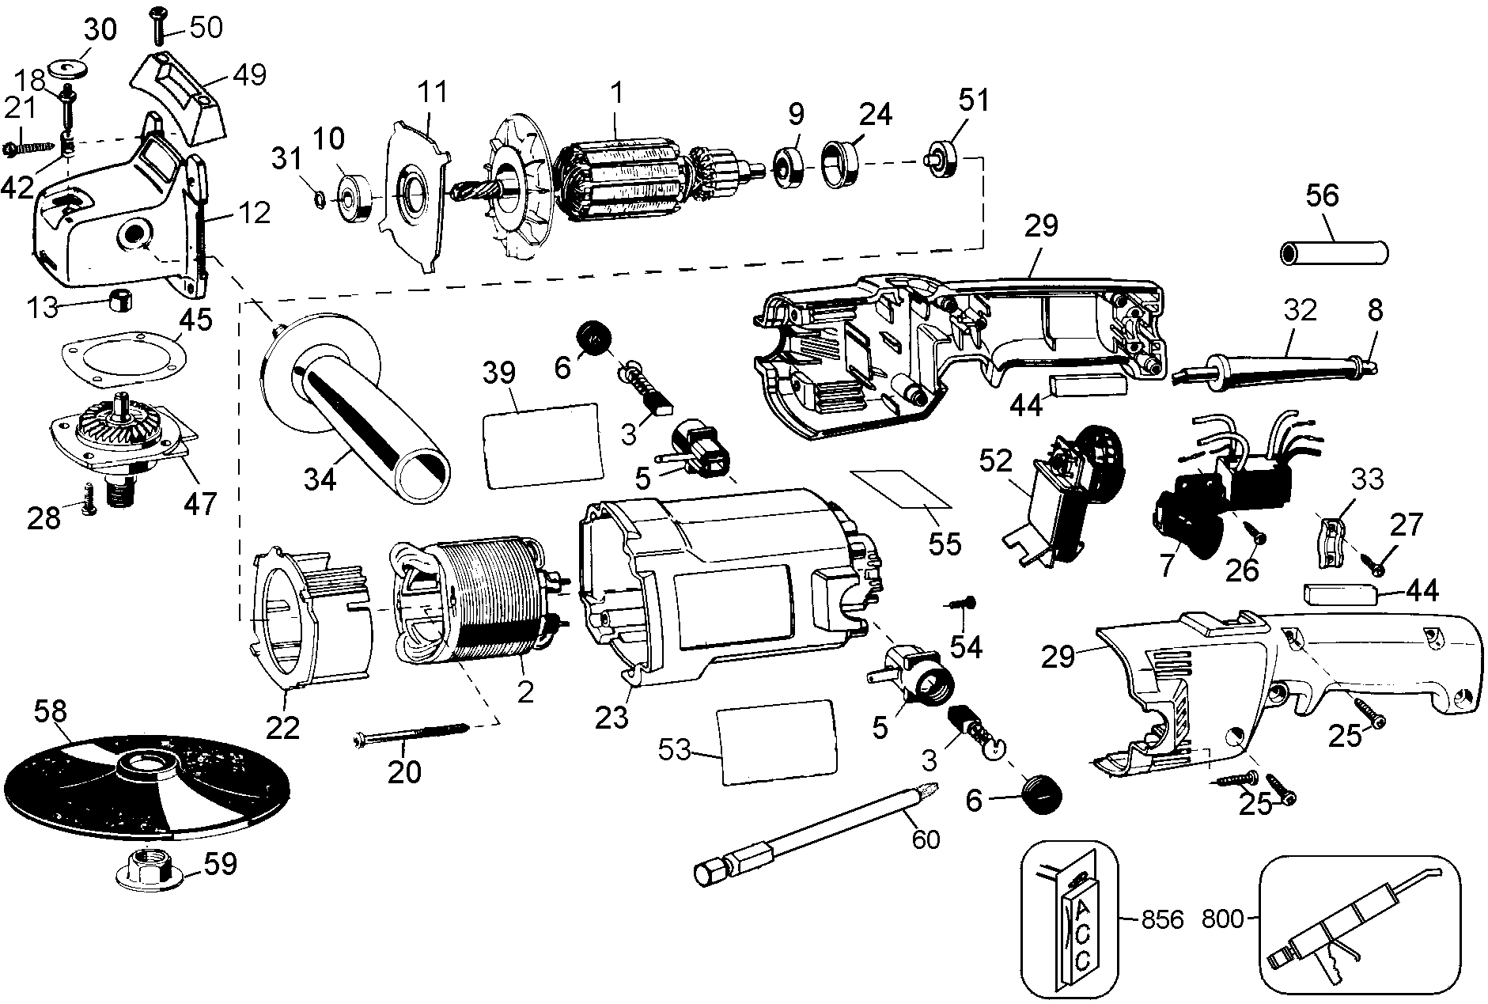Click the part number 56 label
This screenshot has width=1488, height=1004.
(1322, 195)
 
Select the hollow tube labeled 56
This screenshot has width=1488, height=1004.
(1334, 255)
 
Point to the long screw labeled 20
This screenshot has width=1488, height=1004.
(411, 730)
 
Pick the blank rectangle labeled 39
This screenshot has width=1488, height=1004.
(541, 444)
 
